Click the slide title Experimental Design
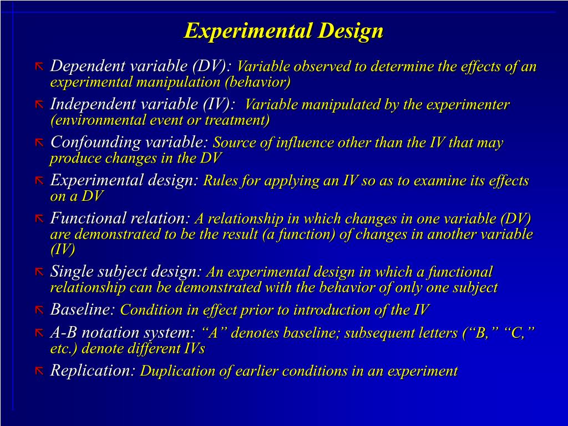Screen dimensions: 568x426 coord(283,31)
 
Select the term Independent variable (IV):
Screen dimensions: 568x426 coord(143,104)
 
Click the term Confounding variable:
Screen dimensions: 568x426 coord(129,142)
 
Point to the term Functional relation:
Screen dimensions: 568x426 coord(120,218)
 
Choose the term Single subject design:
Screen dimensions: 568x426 coord(126,271)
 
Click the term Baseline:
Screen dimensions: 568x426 coord(83,310)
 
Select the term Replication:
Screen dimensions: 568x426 coord(93,370)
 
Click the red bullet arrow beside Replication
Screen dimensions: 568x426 coord(39,371)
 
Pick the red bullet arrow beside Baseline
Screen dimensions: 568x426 coord(39,310)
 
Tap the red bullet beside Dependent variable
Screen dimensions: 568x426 coord(39,67)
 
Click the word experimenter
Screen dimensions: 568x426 coord(468,105)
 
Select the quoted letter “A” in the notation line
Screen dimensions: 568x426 coord(213,333)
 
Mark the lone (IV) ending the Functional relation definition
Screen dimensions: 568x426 coord(63,250)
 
